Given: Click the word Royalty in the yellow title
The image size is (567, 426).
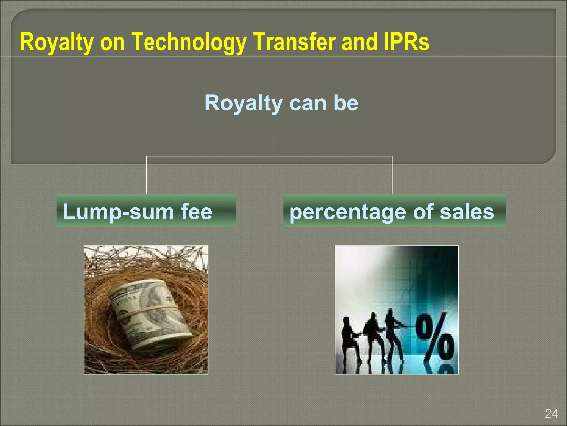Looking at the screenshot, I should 56,42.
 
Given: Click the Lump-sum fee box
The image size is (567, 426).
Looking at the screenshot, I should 146,211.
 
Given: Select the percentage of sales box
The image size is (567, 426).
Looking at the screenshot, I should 394,211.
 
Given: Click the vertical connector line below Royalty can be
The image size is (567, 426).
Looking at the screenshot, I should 274,137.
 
